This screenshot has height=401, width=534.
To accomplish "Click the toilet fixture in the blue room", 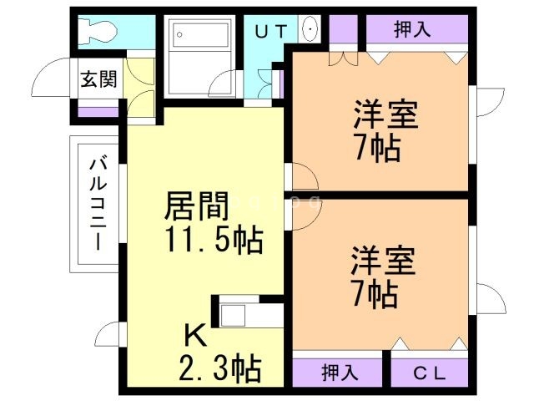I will [x=98, y=33].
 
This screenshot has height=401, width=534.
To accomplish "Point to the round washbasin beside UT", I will [x=310, y=31].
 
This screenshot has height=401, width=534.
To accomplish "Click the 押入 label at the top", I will [x=412, y=29].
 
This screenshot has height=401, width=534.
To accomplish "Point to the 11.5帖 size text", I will [x=210, y=242].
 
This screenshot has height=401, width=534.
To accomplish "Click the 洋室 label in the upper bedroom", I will [x=385, y=114].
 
